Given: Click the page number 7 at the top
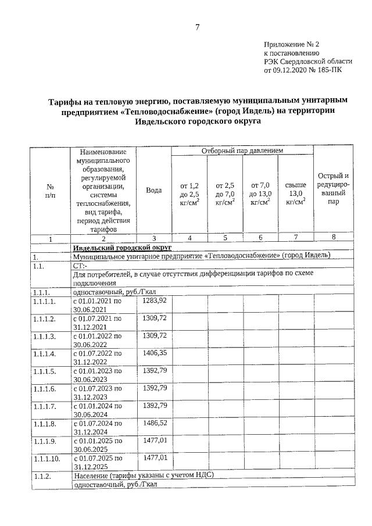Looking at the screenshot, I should pyautogui.click(x=198, y=27).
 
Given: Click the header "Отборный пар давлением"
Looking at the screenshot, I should pyautogui.click(x=242, y=151).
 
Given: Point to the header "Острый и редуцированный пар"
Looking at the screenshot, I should pyautogui.click(x=333, y=189).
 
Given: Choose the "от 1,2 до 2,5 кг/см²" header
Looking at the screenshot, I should pyautogui.click(x=190, y=192).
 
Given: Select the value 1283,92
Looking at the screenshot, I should pyautogui.click(x=155, y=300).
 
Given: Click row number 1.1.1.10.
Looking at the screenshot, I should pyautogui.click(x=47, y=459).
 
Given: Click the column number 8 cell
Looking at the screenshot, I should pyautogui.click(x=333, y=238).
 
